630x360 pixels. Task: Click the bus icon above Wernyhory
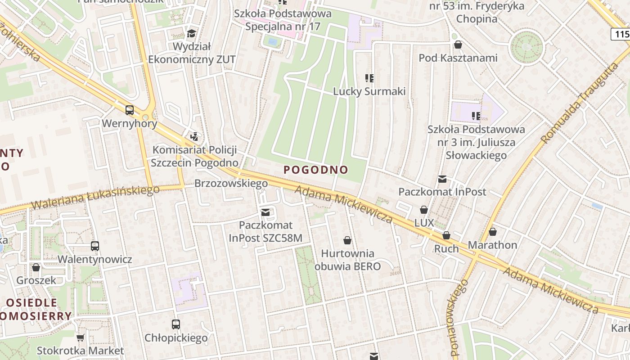coord(130,110)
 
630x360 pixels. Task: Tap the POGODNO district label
coord(316,170)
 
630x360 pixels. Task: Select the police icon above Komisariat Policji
coord(194,136)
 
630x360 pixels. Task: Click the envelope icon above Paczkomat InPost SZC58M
coord(265,212)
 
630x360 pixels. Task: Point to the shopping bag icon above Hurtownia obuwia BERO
coord(347,240)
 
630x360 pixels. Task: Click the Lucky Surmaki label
coord(369,91)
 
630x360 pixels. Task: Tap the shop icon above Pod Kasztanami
coord(458,45)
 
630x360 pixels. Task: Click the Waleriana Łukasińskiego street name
coord(95,197)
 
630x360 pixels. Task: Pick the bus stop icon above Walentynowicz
coord(95,246)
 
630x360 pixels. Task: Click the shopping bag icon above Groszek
coord(36,267)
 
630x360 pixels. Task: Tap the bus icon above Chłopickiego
coord(176,324)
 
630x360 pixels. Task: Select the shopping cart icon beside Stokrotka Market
coord(80,337)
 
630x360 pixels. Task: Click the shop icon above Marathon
coord(493,232)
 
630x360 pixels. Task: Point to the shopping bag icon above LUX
coord(424,210)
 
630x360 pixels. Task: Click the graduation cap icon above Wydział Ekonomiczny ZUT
coord(192,34)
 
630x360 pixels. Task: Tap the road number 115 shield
coord(621,34)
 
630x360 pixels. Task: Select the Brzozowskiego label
coord(231,183)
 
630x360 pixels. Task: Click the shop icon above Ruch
coord(446,235)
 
